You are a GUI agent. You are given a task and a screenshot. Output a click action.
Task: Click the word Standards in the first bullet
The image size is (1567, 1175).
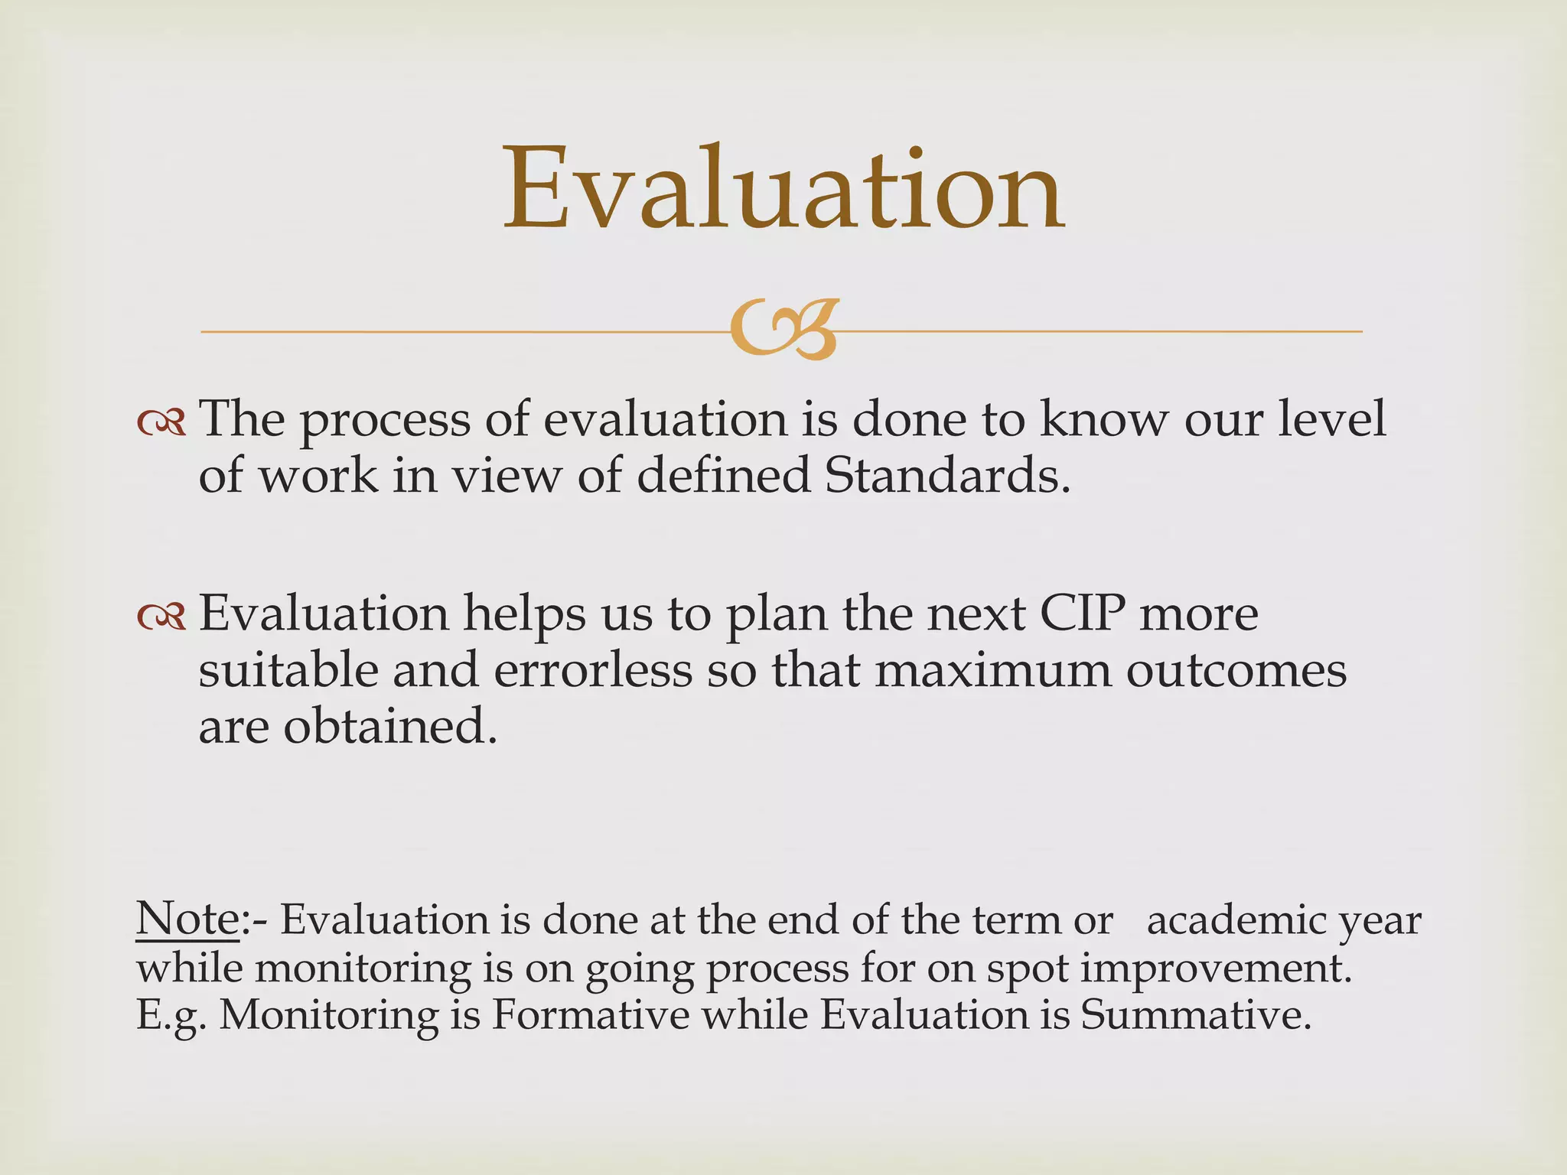click(947, 475)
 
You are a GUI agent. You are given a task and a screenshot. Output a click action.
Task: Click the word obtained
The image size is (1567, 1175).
click(390, 726)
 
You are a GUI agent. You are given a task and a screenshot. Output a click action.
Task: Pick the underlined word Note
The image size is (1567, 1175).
click(188, 918)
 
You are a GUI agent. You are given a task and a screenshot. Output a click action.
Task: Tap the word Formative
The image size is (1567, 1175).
click(590, 1015)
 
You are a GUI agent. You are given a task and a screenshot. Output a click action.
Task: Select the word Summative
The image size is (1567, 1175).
click(1195, 1015)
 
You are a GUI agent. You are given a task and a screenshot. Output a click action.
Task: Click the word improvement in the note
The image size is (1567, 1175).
click(1215, 968)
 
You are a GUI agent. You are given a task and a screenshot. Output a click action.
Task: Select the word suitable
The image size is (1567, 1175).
click(288, 670)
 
